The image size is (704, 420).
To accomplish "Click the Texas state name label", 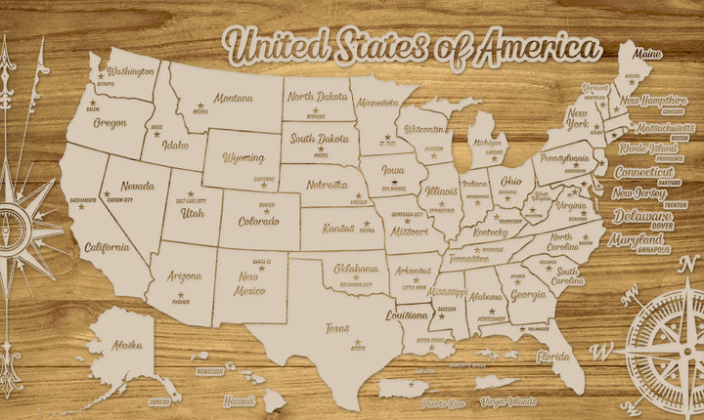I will tap(337, 328).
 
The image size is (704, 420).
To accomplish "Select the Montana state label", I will tap(234, 99).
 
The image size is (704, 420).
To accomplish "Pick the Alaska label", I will tap(126, 346).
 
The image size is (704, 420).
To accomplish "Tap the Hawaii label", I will tap(239, 400).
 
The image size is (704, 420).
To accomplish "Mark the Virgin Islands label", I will tap(509, 401).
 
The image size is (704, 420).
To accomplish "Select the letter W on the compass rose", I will tap(606, 350).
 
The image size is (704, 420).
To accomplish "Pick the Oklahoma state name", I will tap(356, 269).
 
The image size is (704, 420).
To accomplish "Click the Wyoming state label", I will tap(242, 157).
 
